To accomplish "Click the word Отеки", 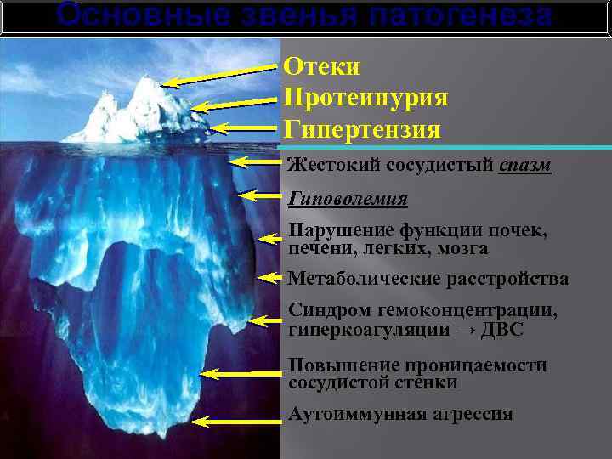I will point(322,66).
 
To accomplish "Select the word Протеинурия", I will point(366,98).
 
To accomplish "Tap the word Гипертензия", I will point(362,130).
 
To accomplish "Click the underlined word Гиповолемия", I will point(348,199).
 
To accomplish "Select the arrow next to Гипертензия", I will point(246,129).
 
